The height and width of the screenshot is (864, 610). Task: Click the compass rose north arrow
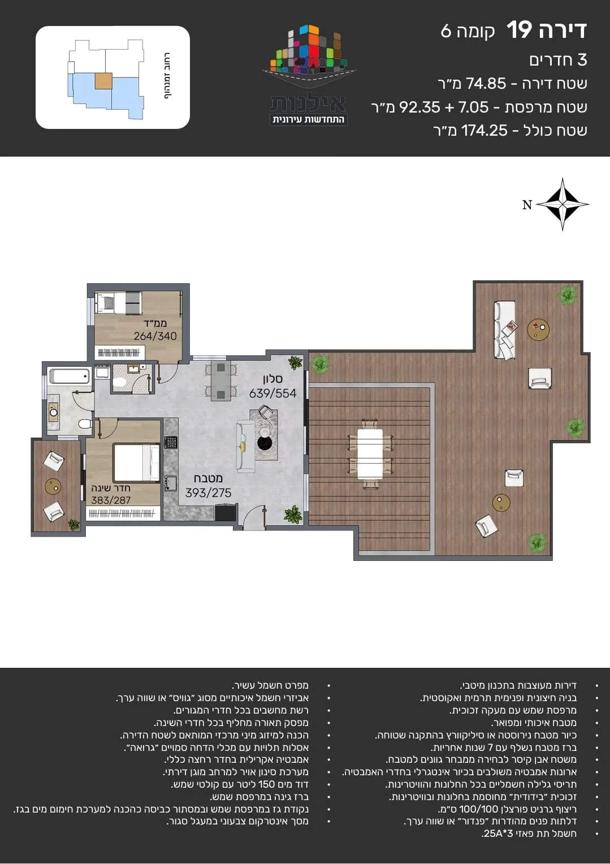(562, 205)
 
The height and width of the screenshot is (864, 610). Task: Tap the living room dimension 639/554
(272, 394)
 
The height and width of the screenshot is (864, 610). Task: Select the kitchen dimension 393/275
(208, 493)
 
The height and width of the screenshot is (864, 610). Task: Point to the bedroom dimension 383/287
(111, 500)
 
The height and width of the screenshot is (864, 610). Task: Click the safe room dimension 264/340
(155, 336)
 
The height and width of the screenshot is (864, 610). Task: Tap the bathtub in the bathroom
(70, 375)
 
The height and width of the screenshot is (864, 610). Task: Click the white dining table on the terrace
(370, 454)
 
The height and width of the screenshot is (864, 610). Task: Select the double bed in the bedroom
(136, 463)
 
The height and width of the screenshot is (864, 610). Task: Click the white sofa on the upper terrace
(504, 331)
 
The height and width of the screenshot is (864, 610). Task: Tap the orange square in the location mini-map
(103, 81)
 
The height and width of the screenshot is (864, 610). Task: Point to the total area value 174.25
(484, 131)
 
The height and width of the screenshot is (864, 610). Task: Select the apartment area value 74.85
(486, 83)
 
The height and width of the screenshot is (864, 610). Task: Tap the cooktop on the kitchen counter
(171, 442)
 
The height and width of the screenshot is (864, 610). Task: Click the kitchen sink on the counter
(170, 483)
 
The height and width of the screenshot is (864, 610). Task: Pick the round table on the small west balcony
(53, 486)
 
